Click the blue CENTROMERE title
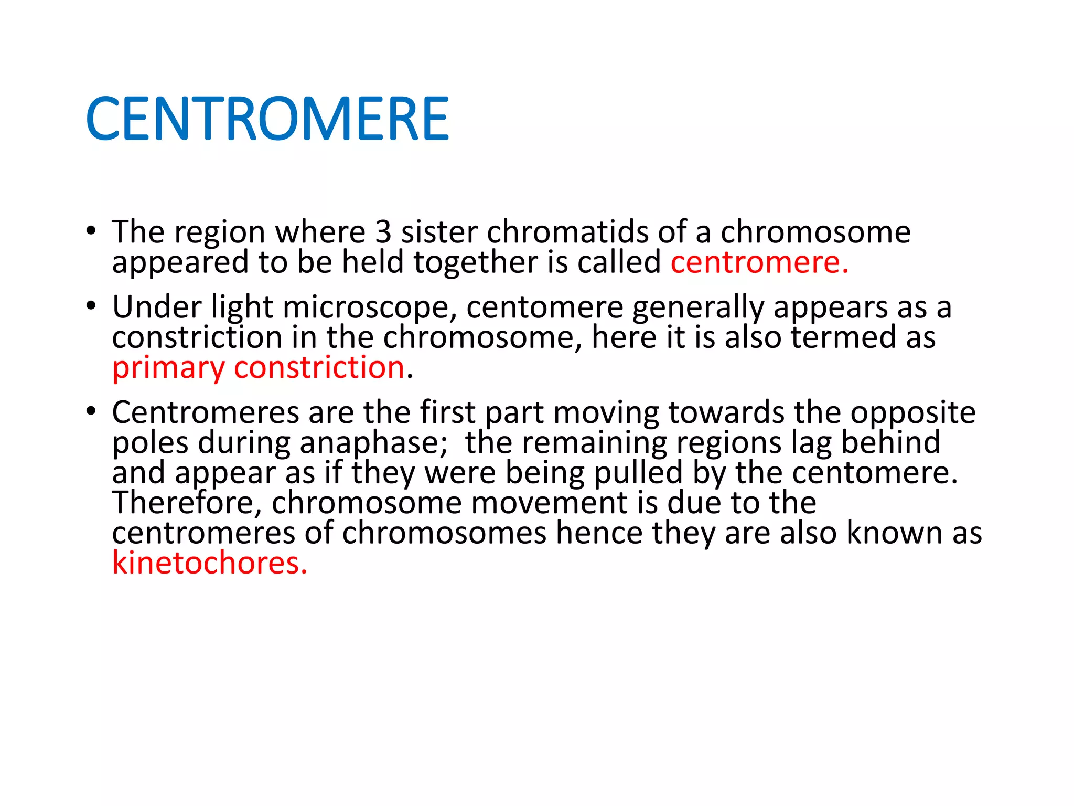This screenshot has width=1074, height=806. pos(267,119)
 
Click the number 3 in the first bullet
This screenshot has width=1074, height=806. pos(383,232)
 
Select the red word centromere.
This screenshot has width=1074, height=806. pos(759,262)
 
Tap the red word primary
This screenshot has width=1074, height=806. pos(168,368)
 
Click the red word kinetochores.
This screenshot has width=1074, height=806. pos(209,563)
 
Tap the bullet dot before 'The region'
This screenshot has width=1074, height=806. pos(92,231)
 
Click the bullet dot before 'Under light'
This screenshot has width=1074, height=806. pos(92,306)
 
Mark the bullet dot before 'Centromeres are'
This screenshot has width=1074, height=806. pos(92,411)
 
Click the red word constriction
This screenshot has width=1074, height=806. pos(319,367)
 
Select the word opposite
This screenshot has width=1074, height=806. pos(912,413)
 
